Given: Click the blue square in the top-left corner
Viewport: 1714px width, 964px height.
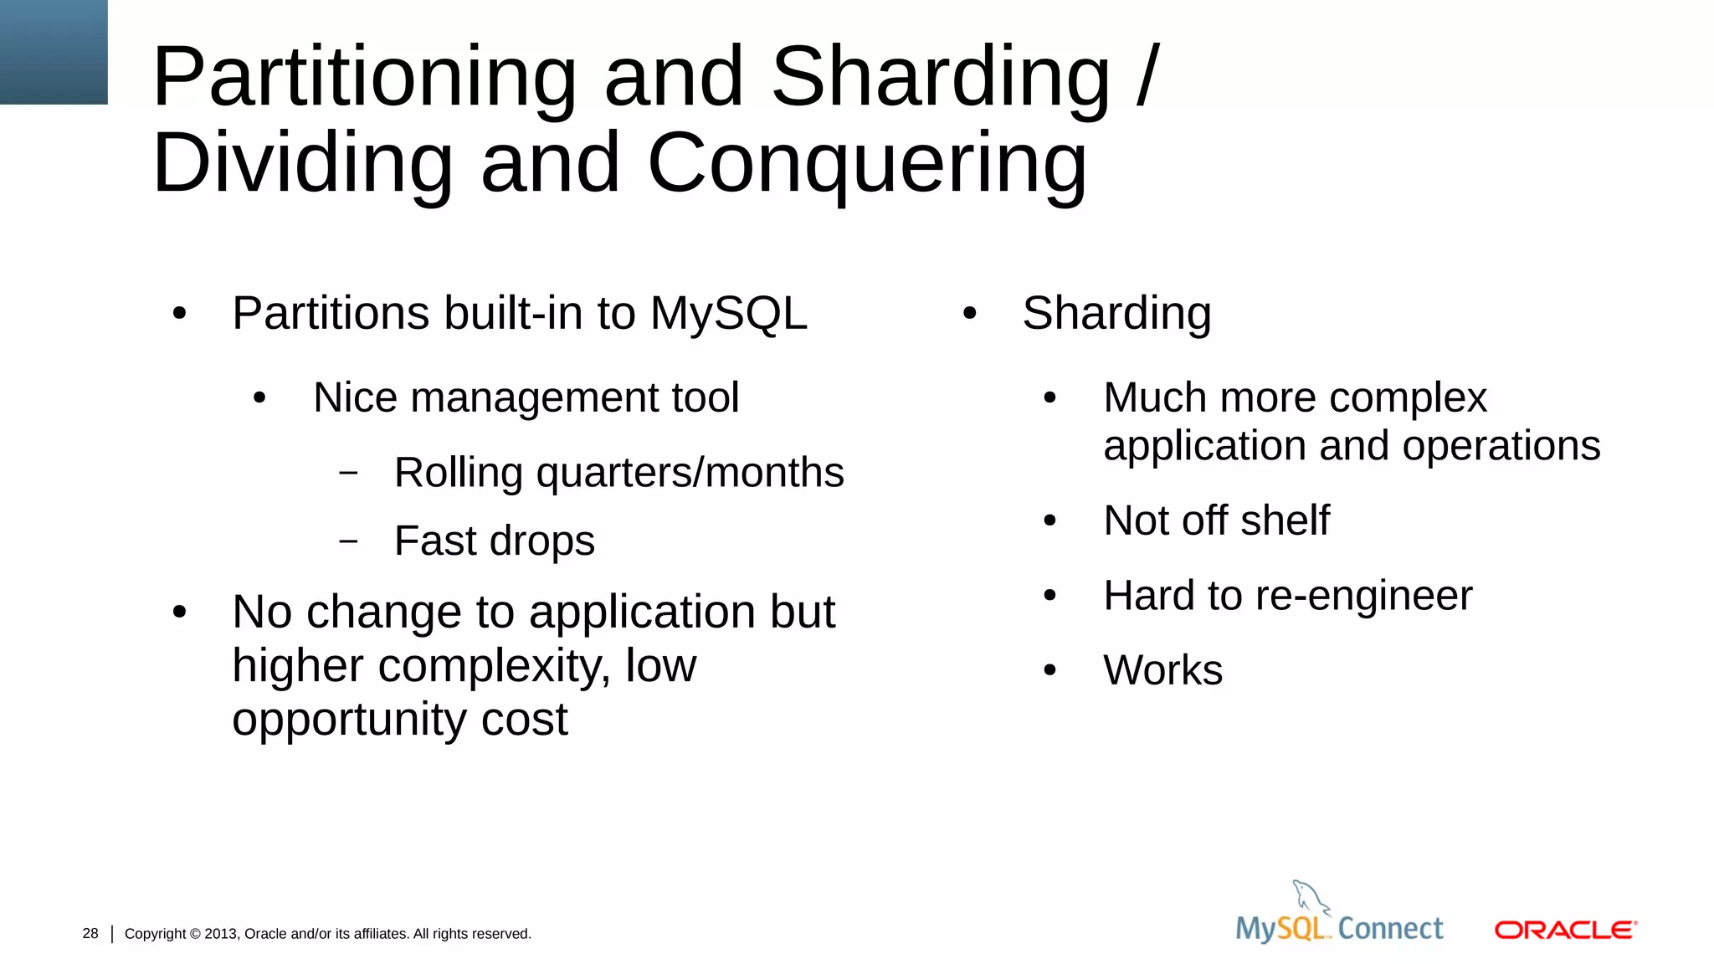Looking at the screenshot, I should pos(54,52).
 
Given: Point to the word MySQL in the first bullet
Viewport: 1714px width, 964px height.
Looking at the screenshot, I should pos(728,314).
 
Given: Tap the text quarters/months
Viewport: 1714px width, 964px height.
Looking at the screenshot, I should pos(690,473).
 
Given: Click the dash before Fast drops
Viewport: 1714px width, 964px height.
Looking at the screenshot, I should pos(348,541).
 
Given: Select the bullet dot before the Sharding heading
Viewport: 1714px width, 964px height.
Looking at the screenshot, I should pos(969,314).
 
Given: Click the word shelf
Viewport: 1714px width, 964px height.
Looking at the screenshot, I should pos(1285,520).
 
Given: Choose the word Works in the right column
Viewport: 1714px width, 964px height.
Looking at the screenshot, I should pos(1162,670).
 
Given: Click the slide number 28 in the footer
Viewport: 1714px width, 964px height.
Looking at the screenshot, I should pos(90,933).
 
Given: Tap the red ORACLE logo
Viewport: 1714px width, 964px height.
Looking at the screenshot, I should pos(1565,930).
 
